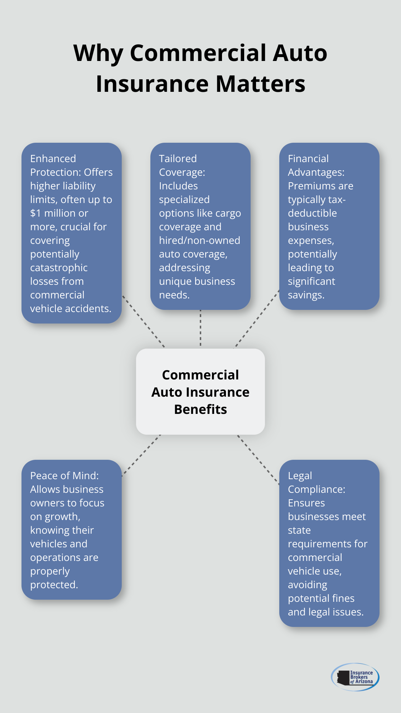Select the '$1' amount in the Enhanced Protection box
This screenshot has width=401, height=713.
pyautogui.click(x=35, y=213)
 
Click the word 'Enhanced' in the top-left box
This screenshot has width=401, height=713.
pyautogui.click(x=53, y=159)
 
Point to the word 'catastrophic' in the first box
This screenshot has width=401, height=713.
pyautogui.click(x=59, y=268)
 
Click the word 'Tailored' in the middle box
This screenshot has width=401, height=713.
pyautogui.click(x=178, y=159)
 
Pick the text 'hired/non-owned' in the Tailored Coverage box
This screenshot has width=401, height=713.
pyautogui.click(x=199, y=240)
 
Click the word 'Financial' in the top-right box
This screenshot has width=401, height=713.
pyautogui.click(x=308, y=159)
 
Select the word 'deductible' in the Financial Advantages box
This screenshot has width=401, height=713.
pyautogui.click(x=312, y=213)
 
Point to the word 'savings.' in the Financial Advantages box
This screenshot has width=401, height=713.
pyautogui.click(x=306, y=295)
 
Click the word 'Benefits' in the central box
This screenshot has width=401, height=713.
pyautogui.click(x=200, y=409)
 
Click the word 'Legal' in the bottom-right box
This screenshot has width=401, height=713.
pyautogui.click(x=300, y=476)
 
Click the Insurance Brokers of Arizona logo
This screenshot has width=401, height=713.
pyautogui.click(x=355, y=677)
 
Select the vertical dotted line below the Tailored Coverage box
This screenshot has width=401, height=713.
pyautogui.click(x=200, y=328)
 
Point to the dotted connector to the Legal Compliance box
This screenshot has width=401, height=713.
pyautogui.click(x=258, y=459)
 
